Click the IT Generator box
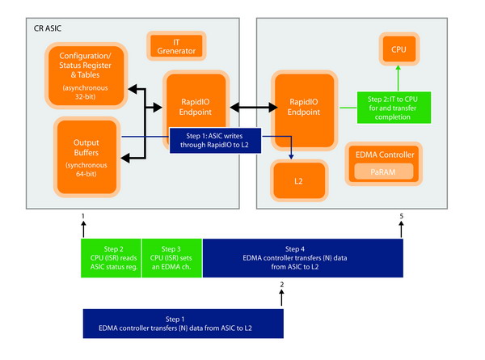(x=175, y=45)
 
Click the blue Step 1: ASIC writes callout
(x=215, y=140)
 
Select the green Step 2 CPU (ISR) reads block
(x=110, y=256)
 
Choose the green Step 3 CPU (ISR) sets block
(x=171, y=256)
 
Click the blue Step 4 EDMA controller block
(x=302, y=256)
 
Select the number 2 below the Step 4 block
(x=282, y=284)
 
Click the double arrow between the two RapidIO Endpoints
(x=245, y=105)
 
